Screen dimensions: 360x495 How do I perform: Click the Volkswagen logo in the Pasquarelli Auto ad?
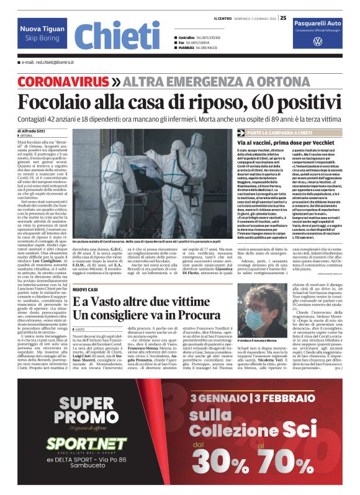click(x=317, y=42)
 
